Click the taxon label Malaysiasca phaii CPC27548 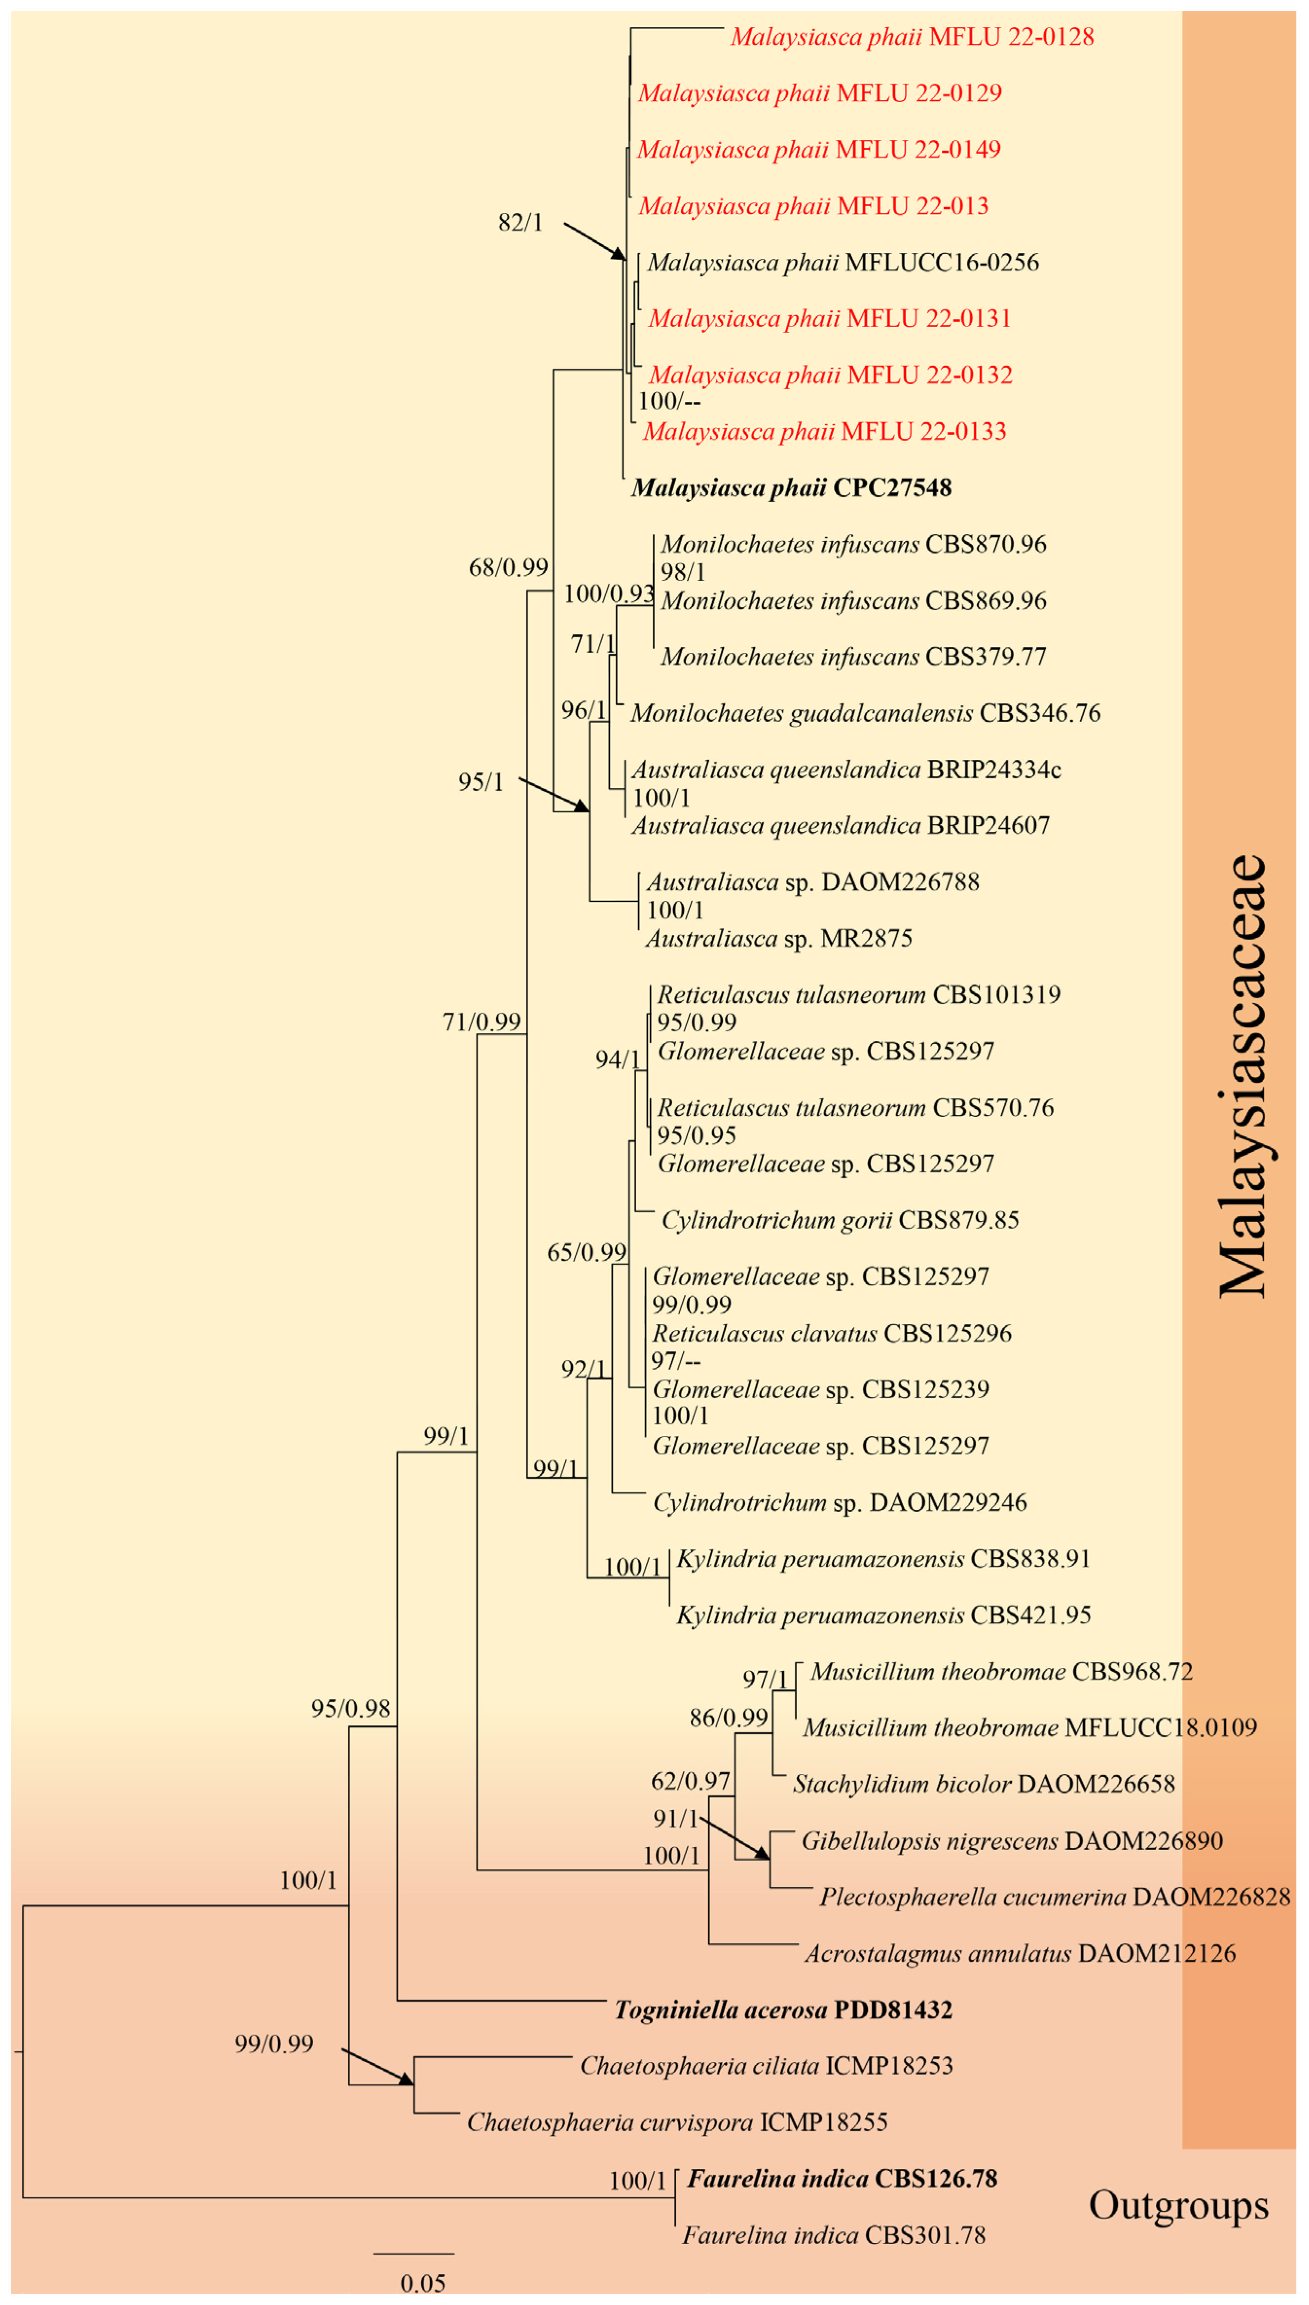(791, 488)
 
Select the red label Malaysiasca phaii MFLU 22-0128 (912, 37)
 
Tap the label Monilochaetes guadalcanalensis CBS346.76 (865, 714)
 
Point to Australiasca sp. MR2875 (779, 939)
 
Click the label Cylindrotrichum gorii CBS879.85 (840, 1221)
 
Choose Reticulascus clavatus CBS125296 (832, 1334)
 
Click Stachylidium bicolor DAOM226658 (983, 1785)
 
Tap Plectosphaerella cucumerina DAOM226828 (1054, 1898)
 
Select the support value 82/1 (520, 223)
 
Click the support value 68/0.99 (508, 567)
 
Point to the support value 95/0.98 (351, 1709)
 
